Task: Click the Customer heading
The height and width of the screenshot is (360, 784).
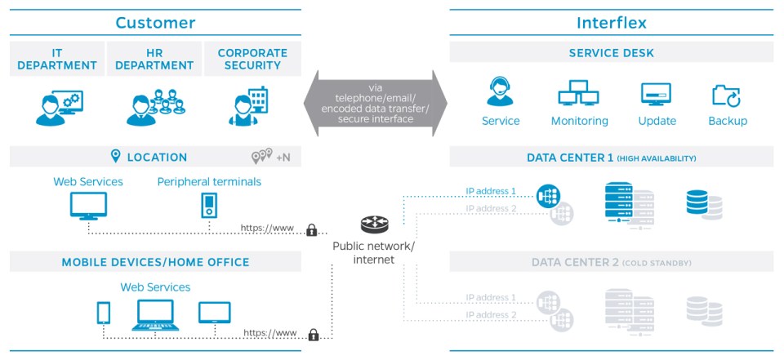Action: [x=155, y=22]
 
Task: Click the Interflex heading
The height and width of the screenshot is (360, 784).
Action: [x=611, y=22]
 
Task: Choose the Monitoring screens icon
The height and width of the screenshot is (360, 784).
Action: [x=579, y=95]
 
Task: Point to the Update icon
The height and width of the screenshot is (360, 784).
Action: [x=656, y=94]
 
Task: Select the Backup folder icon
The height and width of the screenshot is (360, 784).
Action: [x=726, y=95]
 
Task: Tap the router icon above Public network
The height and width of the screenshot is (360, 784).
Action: [x=374, y=225]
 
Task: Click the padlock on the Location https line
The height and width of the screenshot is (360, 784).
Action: [x=311, y=231]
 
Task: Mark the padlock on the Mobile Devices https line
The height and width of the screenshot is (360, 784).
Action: [x=313, y=335]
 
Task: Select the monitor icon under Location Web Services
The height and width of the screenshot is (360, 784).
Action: [x=87, y=207]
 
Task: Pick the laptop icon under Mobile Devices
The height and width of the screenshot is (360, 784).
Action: [x=155, y=314]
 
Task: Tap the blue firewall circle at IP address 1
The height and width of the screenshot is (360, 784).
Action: [x=547, y=195]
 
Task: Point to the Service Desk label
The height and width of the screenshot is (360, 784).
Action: [x=611, y=54]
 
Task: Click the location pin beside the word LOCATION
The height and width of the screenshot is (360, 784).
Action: [x=115, y=157]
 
